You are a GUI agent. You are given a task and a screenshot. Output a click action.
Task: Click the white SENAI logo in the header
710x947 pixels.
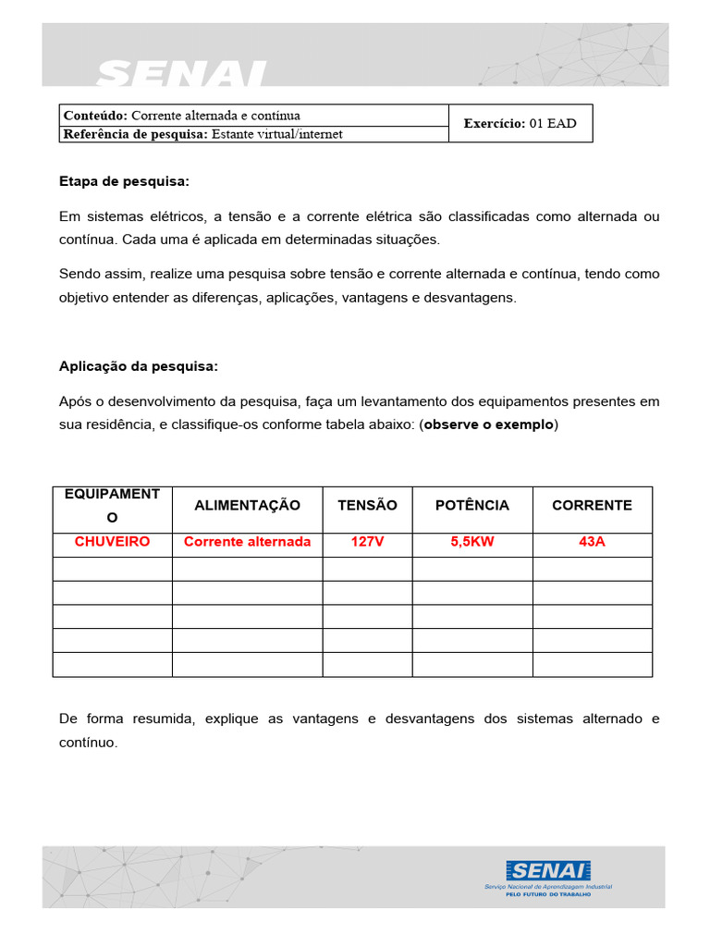(181, 73)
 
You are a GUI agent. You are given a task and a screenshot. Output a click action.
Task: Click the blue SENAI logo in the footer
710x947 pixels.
(548, 871)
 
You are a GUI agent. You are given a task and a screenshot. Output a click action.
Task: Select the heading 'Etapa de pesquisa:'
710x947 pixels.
(124, 181)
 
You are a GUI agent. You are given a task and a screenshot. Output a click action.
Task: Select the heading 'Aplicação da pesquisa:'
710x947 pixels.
(139, 366)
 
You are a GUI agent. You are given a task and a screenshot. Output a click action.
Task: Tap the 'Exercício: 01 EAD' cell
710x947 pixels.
(520, 123)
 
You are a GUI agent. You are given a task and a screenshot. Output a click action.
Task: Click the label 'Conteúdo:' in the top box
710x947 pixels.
(95, 115)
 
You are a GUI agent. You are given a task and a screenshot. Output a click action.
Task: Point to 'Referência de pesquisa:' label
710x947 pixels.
(136, 134)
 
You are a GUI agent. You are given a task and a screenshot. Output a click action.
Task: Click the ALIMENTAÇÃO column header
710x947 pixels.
(247, 505)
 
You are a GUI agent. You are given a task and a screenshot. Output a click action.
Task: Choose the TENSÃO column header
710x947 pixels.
(367, 505)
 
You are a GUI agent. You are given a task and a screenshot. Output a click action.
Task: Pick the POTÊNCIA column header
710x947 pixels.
(471, 505)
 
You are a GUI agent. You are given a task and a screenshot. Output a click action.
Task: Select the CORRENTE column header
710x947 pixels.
(592, 505)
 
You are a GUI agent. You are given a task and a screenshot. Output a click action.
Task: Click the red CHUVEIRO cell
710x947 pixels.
(112, 542)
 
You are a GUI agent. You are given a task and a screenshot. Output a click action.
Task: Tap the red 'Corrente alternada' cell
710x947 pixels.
(247, 542)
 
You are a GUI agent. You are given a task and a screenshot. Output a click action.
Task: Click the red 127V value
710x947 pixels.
(367, 542)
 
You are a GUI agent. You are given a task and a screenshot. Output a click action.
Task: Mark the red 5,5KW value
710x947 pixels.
(471, 542)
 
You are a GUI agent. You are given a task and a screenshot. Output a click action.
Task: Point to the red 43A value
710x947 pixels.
(592, 542)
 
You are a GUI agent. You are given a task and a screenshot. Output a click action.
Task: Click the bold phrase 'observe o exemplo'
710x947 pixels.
(489, 424)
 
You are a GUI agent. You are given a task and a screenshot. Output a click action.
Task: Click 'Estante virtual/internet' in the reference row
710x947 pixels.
(277, 134)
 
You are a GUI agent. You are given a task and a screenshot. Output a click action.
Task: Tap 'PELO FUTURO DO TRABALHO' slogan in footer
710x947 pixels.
(548, 895)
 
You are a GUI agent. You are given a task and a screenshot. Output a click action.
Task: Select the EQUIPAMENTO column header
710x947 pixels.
(112, 506)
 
